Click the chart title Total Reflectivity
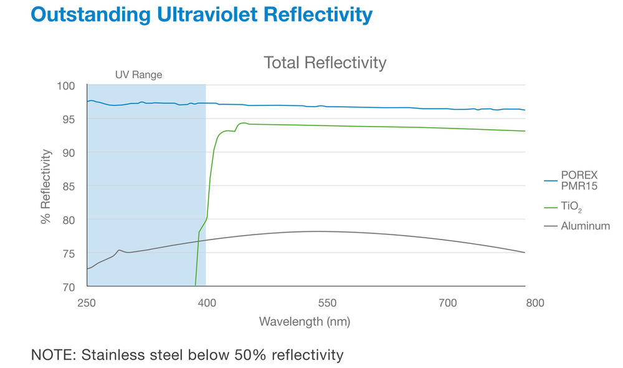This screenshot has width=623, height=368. (325, 63)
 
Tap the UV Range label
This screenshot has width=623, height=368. (138, 75)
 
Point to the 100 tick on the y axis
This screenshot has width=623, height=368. (67, 85)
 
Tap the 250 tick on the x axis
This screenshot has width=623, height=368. (87, 304)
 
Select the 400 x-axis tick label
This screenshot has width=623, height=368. (206, 304)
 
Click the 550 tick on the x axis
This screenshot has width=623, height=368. (327, 304)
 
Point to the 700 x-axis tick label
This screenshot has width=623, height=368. (447, 304)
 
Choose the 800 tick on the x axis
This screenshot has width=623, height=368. (535, 304)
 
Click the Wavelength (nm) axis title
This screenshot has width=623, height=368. (305, 322)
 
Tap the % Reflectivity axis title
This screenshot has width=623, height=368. (45, 186)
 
